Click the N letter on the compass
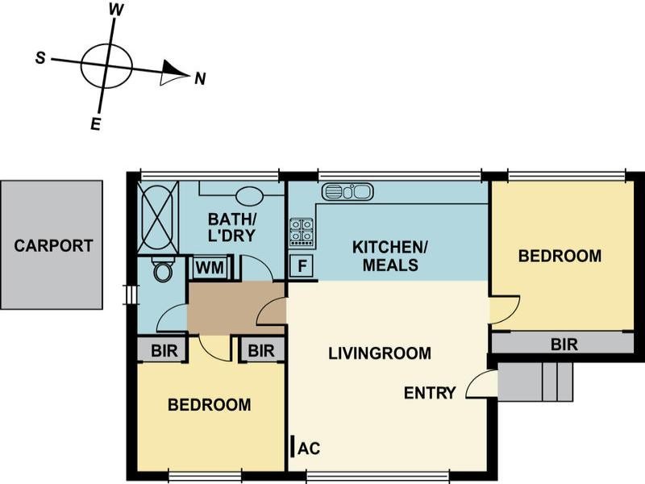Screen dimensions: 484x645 [201, 78]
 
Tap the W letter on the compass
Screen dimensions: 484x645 [116, 10]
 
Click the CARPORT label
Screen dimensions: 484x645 [53, 246]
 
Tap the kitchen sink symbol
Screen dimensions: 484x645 [347, 192]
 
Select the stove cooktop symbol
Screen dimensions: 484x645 [302, 232]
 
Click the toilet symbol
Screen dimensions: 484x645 [163, 270]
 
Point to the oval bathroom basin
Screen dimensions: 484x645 [251, 196]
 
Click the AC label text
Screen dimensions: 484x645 [307, 448]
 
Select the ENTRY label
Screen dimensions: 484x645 [430, 393]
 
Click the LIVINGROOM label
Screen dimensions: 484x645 [379, 353]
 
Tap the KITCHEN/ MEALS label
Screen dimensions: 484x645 [385, 256]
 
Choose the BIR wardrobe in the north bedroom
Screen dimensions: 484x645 [564, 344]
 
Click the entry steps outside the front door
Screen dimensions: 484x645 [535, 381]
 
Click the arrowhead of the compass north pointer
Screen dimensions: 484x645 [173, 73]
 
